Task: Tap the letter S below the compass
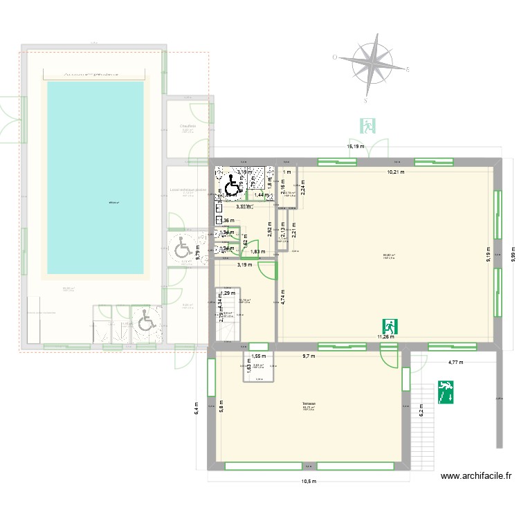coord(363,100)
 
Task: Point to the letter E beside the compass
coord(408,69)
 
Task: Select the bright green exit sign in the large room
coord(390,326)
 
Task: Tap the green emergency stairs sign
coord(445,392)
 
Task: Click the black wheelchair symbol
coord(232,184)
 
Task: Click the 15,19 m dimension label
coord(356,147)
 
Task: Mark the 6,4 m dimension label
coord(197,407)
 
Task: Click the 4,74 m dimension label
coord(283,297)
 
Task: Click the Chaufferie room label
coord(188,127)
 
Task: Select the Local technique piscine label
coord(188,190)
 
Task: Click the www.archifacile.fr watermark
coord(476,476)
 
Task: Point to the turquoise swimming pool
coord(95,177)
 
